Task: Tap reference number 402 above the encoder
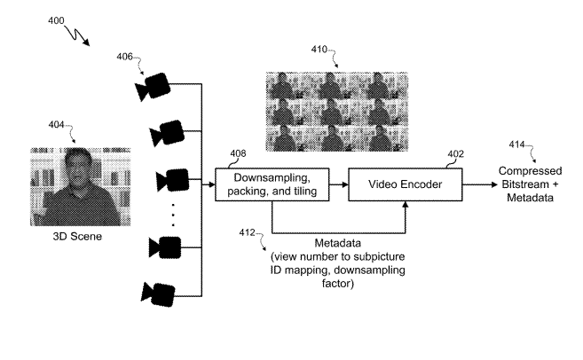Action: click(x=454, y=153)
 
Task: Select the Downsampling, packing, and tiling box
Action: click(x=271, y=184)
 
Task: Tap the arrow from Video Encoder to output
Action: click(x=483, y=184)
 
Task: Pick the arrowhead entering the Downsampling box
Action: click(x=211, y=184)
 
